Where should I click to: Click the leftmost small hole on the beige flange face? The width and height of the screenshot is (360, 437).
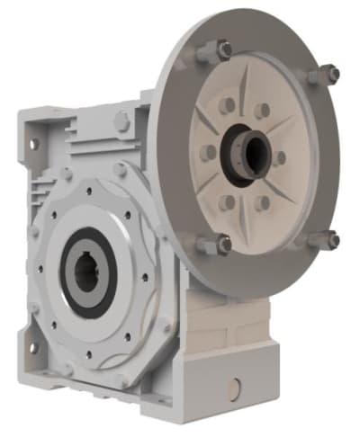(208, 153)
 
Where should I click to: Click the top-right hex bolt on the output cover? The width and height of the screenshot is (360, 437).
(120, 169)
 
